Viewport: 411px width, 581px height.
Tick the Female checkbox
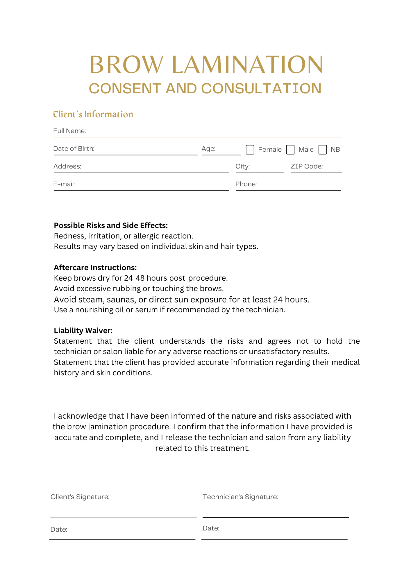[250, 150]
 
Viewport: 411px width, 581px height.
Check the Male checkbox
[290, 150]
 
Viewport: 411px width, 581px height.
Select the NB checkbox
[323, 150]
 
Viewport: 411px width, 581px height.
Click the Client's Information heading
[93, 114]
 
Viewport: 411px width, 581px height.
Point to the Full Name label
[69, 131]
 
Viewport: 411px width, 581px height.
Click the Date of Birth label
[74, 148]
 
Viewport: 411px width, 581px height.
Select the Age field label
[208, 148]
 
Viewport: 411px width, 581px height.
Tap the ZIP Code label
[307, 166]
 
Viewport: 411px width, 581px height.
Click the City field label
[242, 166]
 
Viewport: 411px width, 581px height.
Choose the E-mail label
[64, 184]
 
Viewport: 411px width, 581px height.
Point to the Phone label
[246, 184]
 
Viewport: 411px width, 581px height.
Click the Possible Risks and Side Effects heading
[111, 225]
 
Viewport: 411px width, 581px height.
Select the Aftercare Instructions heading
[95, 267]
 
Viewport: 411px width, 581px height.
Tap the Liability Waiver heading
[83, 331]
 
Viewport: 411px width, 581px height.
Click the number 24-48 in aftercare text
[134, 278]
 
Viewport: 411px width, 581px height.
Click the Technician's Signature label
[240, 497]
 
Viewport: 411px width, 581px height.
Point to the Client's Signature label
[80, 497]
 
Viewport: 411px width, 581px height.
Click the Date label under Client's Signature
[59, 529]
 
